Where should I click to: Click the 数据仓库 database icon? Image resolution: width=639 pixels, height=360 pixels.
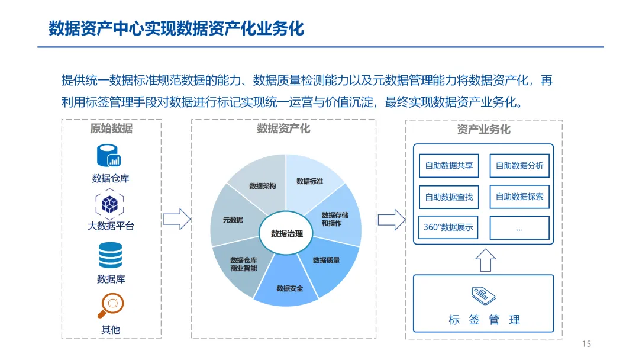(x=109, y=155)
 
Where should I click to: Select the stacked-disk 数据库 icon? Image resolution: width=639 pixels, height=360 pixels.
(x=110, y=255)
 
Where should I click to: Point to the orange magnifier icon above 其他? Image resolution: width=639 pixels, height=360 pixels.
(x=110, y=305)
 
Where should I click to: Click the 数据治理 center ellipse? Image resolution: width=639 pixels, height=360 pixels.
(x=286, y=234)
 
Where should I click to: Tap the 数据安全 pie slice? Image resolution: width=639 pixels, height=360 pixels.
(x=289, y=287)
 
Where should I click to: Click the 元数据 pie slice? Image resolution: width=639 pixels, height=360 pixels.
(x=233, y=220)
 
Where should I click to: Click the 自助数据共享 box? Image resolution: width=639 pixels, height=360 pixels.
(x=448, y=166)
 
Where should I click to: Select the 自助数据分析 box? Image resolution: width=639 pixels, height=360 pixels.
(x=519, y=166)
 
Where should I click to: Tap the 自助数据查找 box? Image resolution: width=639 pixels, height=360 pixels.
(x=448, y=197)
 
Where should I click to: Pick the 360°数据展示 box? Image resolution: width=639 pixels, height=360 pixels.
(x=448, y=227)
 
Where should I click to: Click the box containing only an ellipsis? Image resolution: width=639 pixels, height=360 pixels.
(x=519, y=227)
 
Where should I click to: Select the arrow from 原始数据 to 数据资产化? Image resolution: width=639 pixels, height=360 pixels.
(x=176, y=220)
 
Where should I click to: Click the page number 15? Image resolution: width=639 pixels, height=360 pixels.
(x=586, y=344)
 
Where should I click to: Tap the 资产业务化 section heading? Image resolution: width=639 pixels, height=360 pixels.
(x=483, y=130)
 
